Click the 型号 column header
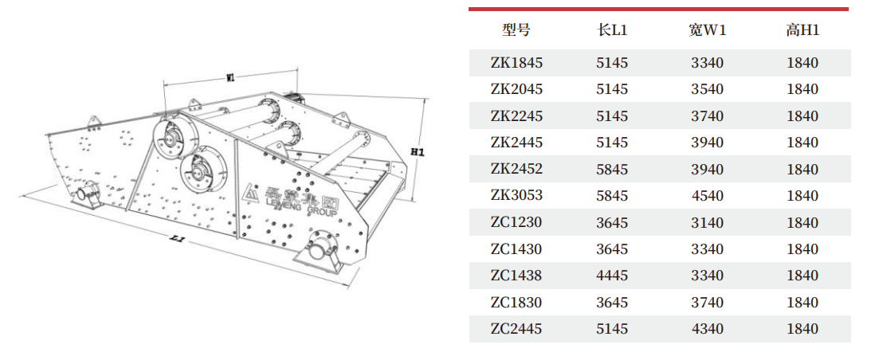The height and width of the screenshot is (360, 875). point(516,30)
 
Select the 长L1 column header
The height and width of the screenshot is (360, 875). point(611,30)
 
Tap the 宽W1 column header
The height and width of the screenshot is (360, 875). point(707,30)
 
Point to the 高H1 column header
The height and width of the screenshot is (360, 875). point(802,30)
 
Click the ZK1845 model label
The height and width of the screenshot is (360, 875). point(516,63)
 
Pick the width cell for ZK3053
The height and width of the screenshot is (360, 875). point(707,196)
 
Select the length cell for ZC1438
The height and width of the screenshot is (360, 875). point(611,276)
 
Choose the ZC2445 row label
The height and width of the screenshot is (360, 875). point(516,329)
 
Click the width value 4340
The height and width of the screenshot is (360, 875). point(707,329)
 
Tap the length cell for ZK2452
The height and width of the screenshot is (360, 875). point(611,169)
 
